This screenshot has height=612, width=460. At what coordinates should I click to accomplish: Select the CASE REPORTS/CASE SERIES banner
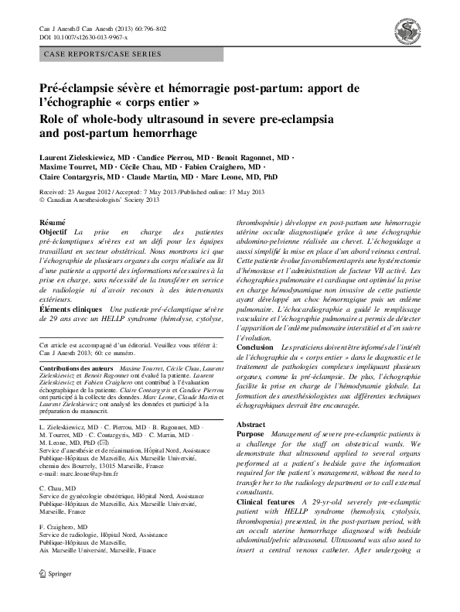coord(100,54)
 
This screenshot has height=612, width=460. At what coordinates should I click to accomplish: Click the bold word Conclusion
coord(254,347)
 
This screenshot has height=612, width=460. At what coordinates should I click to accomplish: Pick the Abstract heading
coord(250,425)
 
